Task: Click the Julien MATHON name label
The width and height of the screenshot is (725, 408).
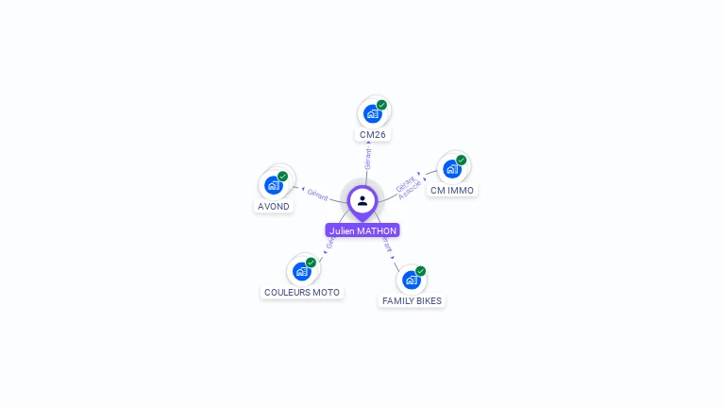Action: click(x=362, y=230)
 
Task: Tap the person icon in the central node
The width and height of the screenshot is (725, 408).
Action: click(x=362, y=200)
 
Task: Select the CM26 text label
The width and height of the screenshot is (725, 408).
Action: click(x=373, y=135)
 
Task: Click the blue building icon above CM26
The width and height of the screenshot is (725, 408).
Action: click(x=372, y=113)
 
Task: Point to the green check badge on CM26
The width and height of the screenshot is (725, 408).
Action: click(x=381, y=105)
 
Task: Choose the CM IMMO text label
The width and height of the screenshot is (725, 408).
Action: click(x=452, y=190)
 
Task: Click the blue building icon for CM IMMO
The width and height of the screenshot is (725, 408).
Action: click(x=452, y=169)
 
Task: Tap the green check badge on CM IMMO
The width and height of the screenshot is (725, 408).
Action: click(x=462, y=161)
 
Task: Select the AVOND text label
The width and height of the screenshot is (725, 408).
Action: click(x=274, y=206)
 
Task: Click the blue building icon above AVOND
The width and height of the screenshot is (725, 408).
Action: click(x=274, y=185)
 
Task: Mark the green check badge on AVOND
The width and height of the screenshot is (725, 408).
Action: click(x=283, y=177)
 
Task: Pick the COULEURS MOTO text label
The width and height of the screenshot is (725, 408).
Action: click(x=302, y=293)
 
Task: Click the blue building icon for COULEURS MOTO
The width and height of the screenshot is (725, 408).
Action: click(x=302, y=272)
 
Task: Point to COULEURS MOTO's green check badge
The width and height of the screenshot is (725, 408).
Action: click(x=312, y=263)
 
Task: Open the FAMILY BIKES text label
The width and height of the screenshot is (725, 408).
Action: click(x=412, y=300)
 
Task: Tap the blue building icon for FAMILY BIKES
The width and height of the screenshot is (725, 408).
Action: click(x=411, y=280)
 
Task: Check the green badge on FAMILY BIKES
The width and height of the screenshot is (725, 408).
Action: click(x=421, y=271)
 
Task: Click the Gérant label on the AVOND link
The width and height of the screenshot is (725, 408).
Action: click(x=317, y=194)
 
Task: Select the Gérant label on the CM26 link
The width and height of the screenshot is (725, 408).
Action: click(x=368, y=159)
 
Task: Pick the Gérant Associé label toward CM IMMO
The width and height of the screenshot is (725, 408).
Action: click(x=408, y=186)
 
